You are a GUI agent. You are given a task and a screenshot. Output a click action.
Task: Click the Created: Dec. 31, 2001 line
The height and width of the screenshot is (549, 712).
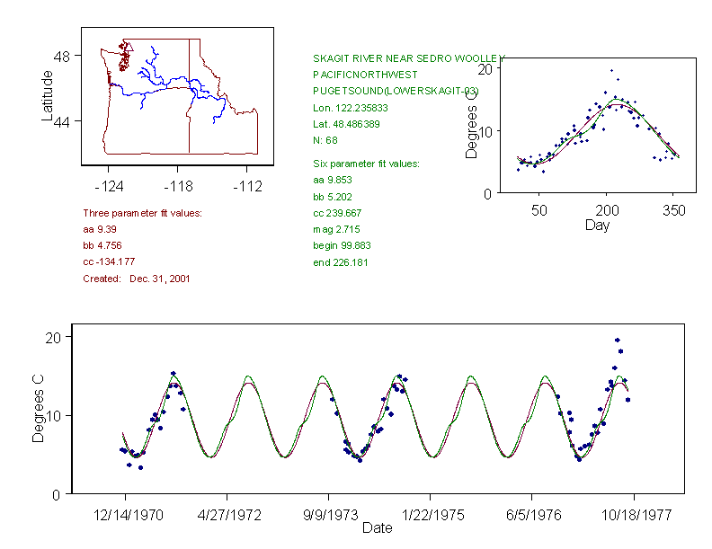(136, 279)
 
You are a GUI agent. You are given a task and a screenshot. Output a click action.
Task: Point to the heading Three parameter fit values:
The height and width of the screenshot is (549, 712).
(142, 213)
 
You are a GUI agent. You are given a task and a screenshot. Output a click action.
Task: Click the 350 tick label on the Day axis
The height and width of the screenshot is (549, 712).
(673, 210)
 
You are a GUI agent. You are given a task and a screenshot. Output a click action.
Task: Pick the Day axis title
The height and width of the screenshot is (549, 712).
(597, 225)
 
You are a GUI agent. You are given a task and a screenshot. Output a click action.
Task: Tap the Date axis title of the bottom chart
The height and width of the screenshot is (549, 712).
(377, 528)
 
